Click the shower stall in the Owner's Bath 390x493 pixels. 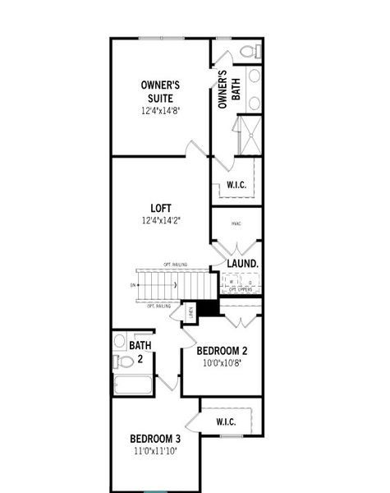click(x=246, y=133)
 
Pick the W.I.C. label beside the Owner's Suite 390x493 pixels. click(x=236, y=185)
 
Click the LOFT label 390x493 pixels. click(x=160, y=207)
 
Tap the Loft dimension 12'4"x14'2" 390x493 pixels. click(x=160, y=219)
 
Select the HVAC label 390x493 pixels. click(x=236, y=223)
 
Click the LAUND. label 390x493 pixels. click(x=243, y=263)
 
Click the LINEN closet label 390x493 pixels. click(x=190, y=312)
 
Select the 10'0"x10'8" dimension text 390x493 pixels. click(x=222, y=362)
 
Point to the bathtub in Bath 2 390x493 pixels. click(x=133, y=385)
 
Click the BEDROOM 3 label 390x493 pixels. click(x=154, y=438)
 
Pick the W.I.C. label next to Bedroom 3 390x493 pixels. click(x=227, y=422)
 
